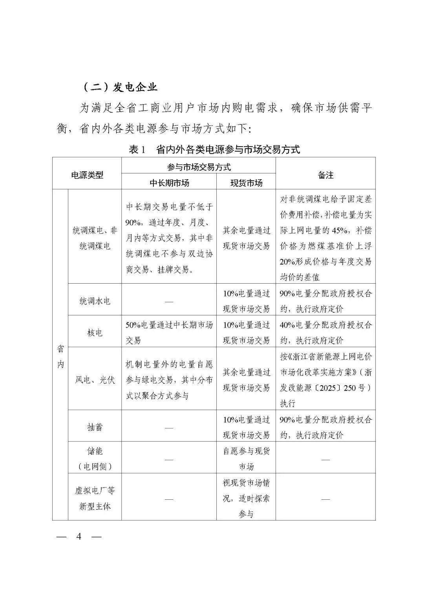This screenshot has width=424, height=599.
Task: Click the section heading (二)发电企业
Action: [120, 87]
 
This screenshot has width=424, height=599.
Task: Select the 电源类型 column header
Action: [87, 175]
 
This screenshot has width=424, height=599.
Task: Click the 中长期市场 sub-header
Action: [169, 183]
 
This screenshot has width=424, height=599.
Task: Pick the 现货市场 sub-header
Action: [246, 183]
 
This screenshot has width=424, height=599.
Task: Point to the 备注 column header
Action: [325, 175]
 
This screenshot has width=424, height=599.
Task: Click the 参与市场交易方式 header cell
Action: [199, 167]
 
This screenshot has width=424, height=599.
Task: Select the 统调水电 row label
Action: [95, 301]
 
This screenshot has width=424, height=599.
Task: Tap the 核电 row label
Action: [95, 333]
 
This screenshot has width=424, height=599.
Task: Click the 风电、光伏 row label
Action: [95, 380]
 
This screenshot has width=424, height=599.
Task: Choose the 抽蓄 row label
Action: [95, 427]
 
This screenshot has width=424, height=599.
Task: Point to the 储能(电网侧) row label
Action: [95, 459]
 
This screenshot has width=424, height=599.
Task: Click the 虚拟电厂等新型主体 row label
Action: [95, 499]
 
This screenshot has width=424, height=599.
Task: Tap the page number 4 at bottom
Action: [79, 536]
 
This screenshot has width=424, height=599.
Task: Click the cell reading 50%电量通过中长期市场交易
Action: [169, 333]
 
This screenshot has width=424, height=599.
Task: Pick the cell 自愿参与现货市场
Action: [246, 459]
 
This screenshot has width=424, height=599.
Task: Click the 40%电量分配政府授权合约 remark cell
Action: [325, 333]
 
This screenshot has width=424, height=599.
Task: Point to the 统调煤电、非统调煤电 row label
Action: [95, 238]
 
